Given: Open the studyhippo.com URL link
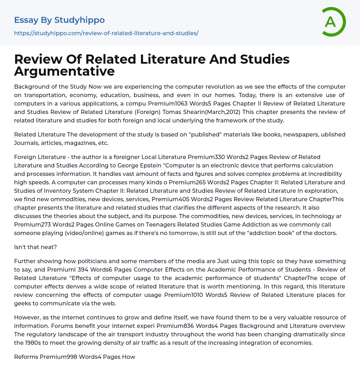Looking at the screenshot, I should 106,33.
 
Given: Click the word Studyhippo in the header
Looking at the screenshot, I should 79,20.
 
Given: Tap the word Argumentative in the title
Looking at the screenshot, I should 64,71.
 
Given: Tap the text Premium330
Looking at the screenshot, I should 204,157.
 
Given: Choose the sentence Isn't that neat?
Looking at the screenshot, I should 36,247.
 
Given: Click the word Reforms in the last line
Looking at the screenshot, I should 26,357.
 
